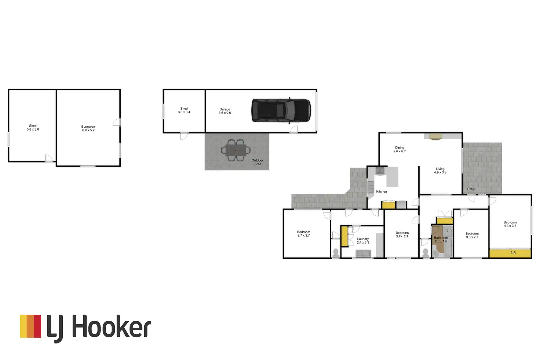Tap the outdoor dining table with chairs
coord(236,150)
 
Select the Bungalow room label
coord(88,128)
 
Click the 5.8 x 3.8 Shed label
coord(33,128)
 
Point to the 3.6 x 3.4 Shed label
coord(184,110)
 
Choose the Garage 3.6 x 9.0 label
coord(225,111)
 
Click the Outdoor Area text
coord(258,162)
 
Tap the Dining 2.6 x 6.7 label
coord(399,149)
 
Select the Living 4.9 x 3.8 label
coord(440,171)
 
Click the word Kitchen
coord(382,192)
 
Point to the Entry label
coord(471,189)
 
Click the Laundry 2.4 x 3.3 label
coord(363,241)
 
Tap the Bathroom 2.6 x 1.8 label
coord(441,239)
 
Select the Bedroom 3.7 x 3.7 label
coord(303,234)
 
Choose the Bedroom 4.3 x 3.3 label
coord(510,224)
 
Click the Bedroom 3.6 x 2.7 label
coord(472,235)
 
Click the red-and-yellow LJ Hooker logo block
coord(30,326)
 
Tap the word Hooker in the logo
coord(111,327)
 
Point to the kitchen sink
coord(371,187)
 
